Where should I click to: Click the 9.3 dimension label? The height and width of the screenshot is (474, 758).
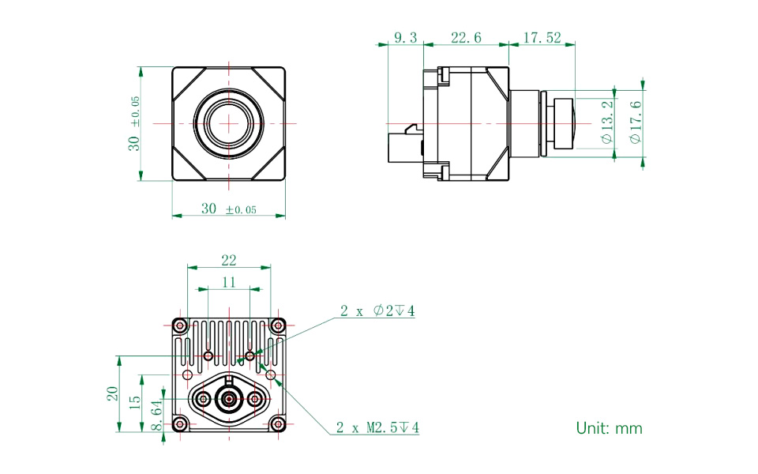tap(404, 38)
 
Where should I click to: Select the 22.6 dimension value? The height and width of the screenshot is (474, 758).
tap(466, 38)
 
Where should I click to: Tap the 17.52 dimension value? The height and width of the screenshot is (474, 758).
tap(542, 38)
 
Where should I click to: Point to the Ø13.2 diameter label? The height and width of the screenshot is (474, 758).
tap(606, 122)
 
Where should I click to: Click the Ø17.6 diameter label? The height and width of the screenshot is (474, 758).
tap(636, 122)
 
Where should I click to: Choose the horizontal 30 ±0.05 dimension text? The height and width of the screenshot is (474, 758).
tap(229, 209)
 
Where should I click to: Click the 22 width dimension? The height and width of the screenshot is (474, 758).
tap(229, 261)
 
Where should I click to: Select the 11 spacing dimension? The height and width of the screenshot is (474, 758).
tap(229, 282)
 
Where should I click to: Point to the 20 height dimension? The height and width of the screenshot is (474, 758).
tap(112, 393)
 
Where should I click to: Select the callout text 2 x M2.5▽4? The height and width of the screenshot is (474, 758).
tap(377, 428)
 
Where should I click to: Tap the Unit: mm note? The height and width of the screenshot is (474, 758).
tap(609, 428)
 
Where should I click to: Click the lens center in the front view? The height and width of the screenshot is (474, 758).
tap(229, 123)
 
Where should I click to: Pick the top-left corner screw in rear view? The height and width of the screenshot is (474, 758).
tap(180, 325)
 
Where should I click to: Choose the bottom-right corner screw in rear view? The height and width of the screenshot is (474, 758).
tap(277, 424)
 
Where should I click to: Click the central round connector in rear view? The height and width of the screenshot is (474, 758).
tap(229, 400)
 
